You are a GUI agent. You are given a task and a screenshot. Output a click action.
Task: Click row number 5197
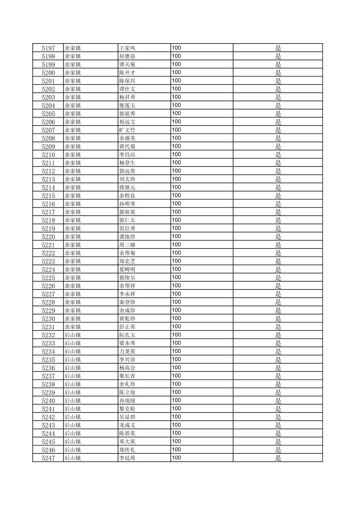pos(48,48)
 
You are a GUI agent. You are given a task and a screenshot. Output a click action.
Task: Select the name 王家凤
pos(127,48)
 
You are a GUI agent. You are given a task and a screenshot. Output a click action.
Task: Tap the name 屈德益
pos(127,56)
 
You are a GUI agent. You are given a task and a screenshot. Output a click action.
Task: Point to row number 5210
pos(48,155)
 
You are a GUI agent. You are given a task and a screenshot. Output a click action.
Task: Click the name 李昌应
pos(127,155)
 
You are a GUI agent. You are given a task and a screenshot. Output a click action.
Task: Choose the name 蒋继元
pos(127,188)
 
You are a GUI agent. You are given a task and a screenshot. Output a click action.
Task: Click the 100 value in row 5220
pos(176,236)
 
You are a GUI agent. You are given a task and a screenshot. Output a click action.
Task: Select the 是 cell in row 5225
pos(278,278)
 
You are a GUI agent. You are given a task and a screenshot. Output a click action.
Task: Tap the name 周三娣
pos(127,245)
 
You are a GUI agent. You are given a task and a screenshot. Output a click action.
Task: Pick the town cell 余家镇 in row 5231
pos(73,327)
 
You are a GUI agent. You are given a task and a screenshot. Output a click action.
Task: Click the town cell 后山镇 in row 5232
pos(73,335)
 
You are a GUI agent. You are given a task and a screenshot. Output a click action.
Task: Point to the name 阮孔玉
pos(127,335)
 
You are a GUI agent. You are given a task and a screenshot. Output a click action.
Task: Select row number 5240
pos(48,401)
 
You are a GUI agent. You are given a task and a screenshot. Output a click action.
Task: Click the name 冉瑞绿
pos(127,401)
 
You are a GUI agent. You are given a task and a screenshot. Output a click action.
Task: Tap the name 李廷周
pos(127,458)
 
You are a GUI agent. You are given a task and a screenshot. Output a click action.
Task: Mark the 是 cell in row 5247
pos(278,458)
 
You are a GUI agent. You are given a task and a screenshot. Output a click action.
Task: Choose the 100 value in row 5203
pos(176,97)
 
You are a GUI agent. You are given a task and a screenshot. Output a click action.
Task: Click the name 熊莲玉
pos(127,105)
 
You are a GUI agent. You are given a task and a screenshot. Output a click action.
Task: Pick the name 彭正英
pos(127,327)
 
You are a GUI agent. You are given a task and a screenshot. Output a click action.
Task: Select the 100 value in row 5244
pos(176,433)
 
